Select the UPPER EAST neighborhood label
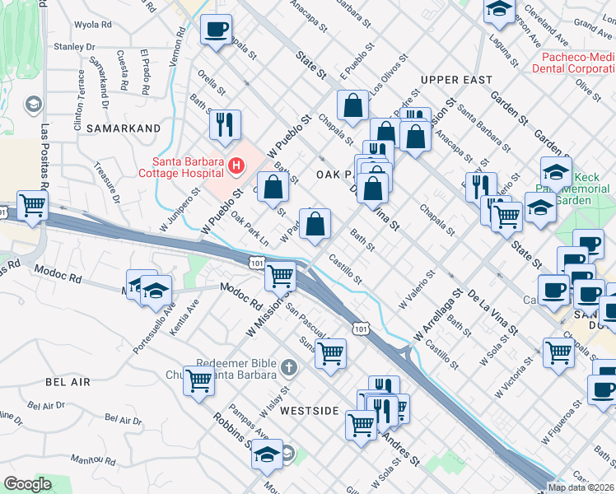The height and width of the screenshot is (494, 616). [455, 80]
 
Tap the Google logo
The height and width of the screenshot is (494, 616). [27, 484]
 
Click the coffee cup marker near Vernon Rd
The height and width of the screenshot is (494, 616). [217, 30]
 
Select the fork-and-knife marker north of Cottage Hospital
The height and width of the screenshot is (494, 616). [224, 124]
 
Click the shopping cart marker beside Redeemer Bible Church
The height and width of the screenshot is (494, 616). [199, 380]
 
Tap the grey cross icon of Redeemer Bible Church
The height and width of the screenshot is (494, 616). [288, 366]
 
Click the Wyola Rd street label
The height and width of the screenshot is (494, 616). [92, 25]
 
